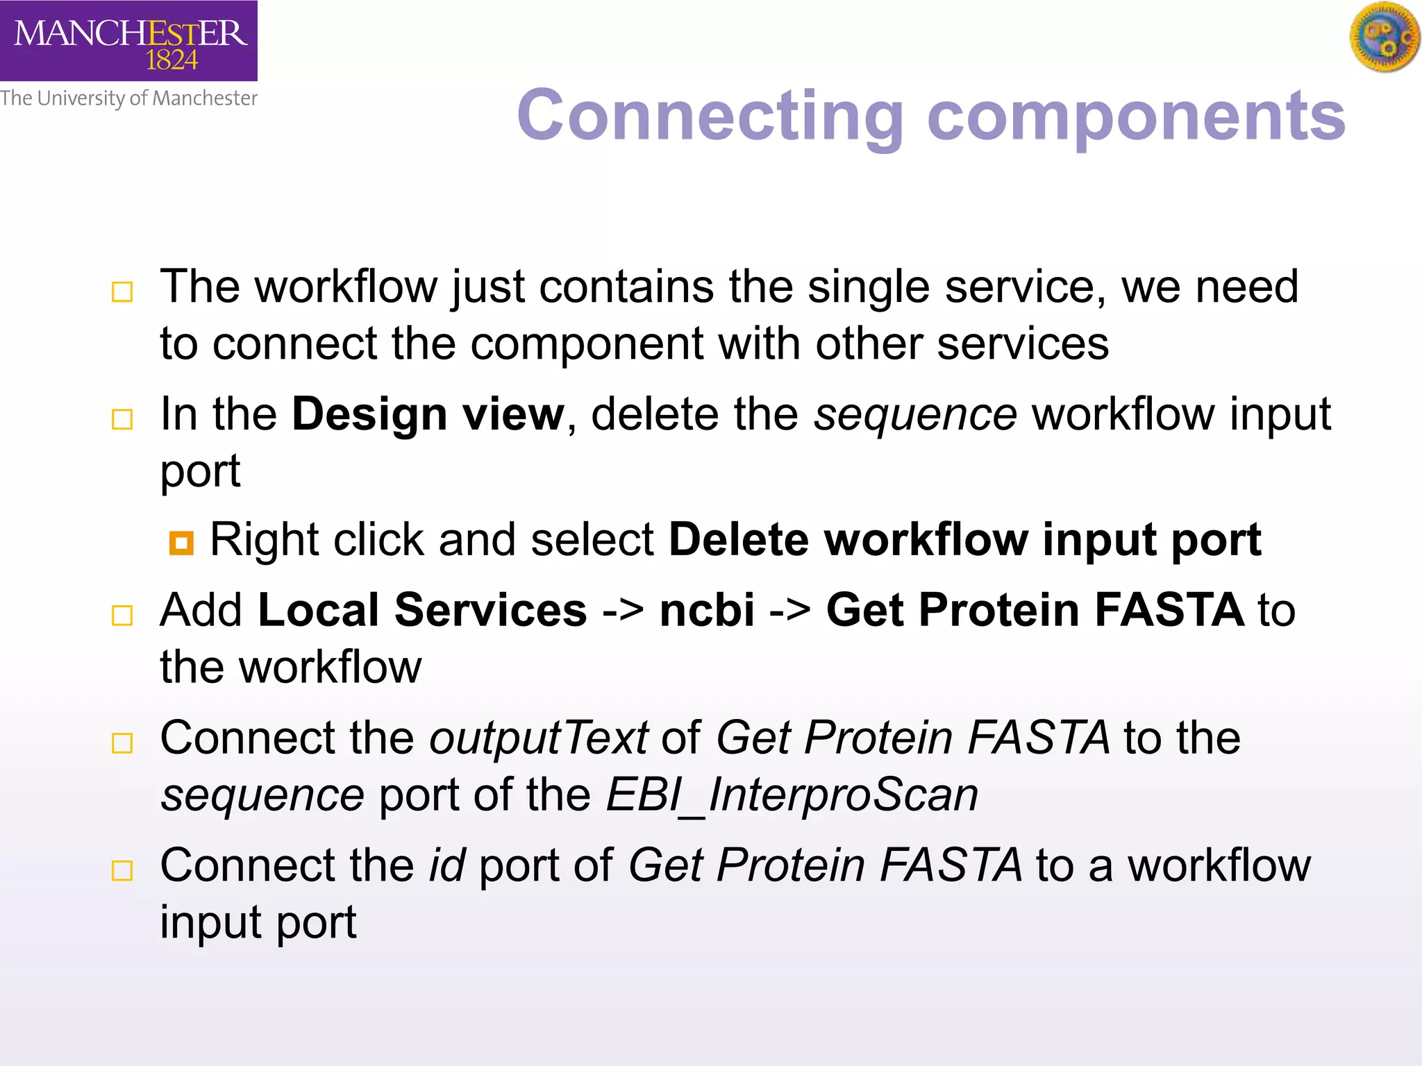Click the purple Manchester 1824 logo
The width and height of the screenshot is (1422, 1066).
tap(128, 40)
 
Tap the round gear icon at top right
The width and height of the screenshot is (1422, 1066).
tap(1385, 37)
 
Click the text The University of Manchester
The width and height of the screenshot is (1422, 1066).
tap(128, 99)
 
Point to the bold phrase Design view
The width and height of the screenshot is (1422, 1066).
tap(428, 414)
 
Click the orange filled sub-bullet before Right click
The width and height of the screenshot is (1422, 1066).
tap(181, 543)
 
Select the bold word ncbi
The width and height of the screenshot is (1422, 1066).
tap(706, 610)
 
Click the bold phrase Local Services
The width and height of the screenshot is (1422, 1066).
tap(422, 610)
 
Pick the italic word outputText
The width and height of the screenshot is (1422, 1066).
tap(538, 737)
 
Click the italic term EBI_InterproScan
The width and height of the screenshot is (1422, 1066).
tap(792, 795)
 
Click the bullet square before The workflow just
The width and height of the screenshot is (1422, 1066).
tap(122, 291)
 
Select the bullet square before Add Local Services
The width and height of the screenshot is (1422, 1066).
tap(122, 615)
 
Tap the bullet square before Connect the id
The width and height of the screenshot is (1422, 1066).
tap(122, 870)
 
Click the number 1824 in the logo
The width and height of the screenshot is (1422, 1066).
tap(172, 61)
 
